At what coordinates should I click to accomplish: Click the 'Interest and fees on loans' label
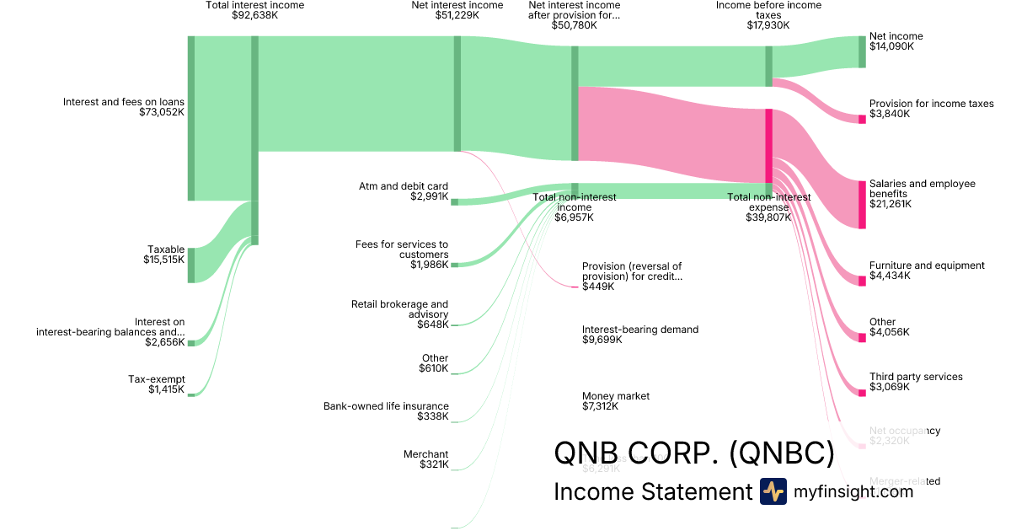coord(123,102)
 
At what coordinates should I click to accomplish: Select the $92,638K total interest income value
coord(254,15)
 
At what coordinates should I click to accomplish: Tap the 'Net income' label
coord(896,36)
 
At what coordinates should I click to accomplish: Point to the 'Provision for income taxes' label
coord(931,104)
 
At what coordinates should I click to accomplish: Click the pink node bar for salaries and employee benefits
coord(862,204)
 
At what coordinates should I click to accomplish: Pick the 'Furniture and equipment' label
coord(926,265)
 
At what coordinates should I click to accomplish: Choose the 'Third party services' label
coord(915,377)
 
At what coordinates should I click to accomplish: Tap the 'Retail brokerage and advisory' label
coord(399,309)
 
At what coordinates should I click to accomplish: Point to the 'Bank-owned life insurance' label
coord(386,406)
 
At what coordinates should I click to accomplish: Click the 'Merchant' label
coord(425,454)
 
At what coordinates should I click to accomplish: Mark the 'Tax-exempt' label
coord(156,379)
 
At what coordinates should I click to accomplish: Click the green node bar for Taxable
coord(191,265)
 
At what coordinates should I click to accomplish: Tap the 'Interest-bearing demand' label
coord(639,330)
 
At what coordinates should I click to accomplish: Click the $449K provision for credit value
coord(598,287)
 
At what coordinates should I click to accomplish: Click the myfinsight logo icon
coord(773,491)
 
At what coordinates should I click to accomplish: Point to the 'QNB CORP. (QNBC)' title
coord(693,453)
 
